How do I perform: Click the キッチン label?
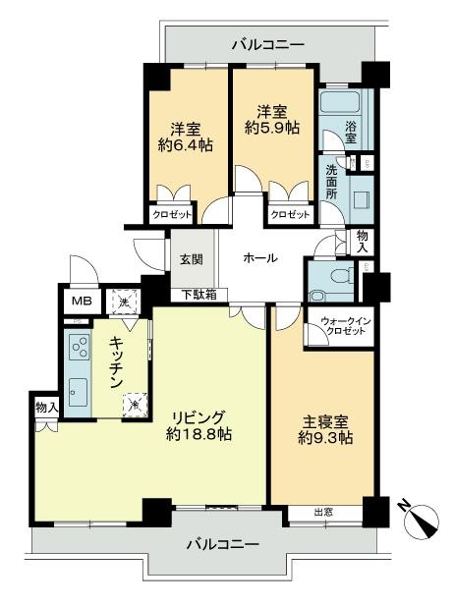point(116,357)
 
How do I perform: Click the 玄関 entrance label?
point(191,259)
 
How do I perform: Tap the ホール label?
point(259,258)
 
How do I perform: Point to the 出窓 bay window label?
point(323,513)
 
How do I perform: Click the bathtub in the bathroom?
point(341,102)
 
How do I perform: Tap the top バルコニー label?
point(268,44)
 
